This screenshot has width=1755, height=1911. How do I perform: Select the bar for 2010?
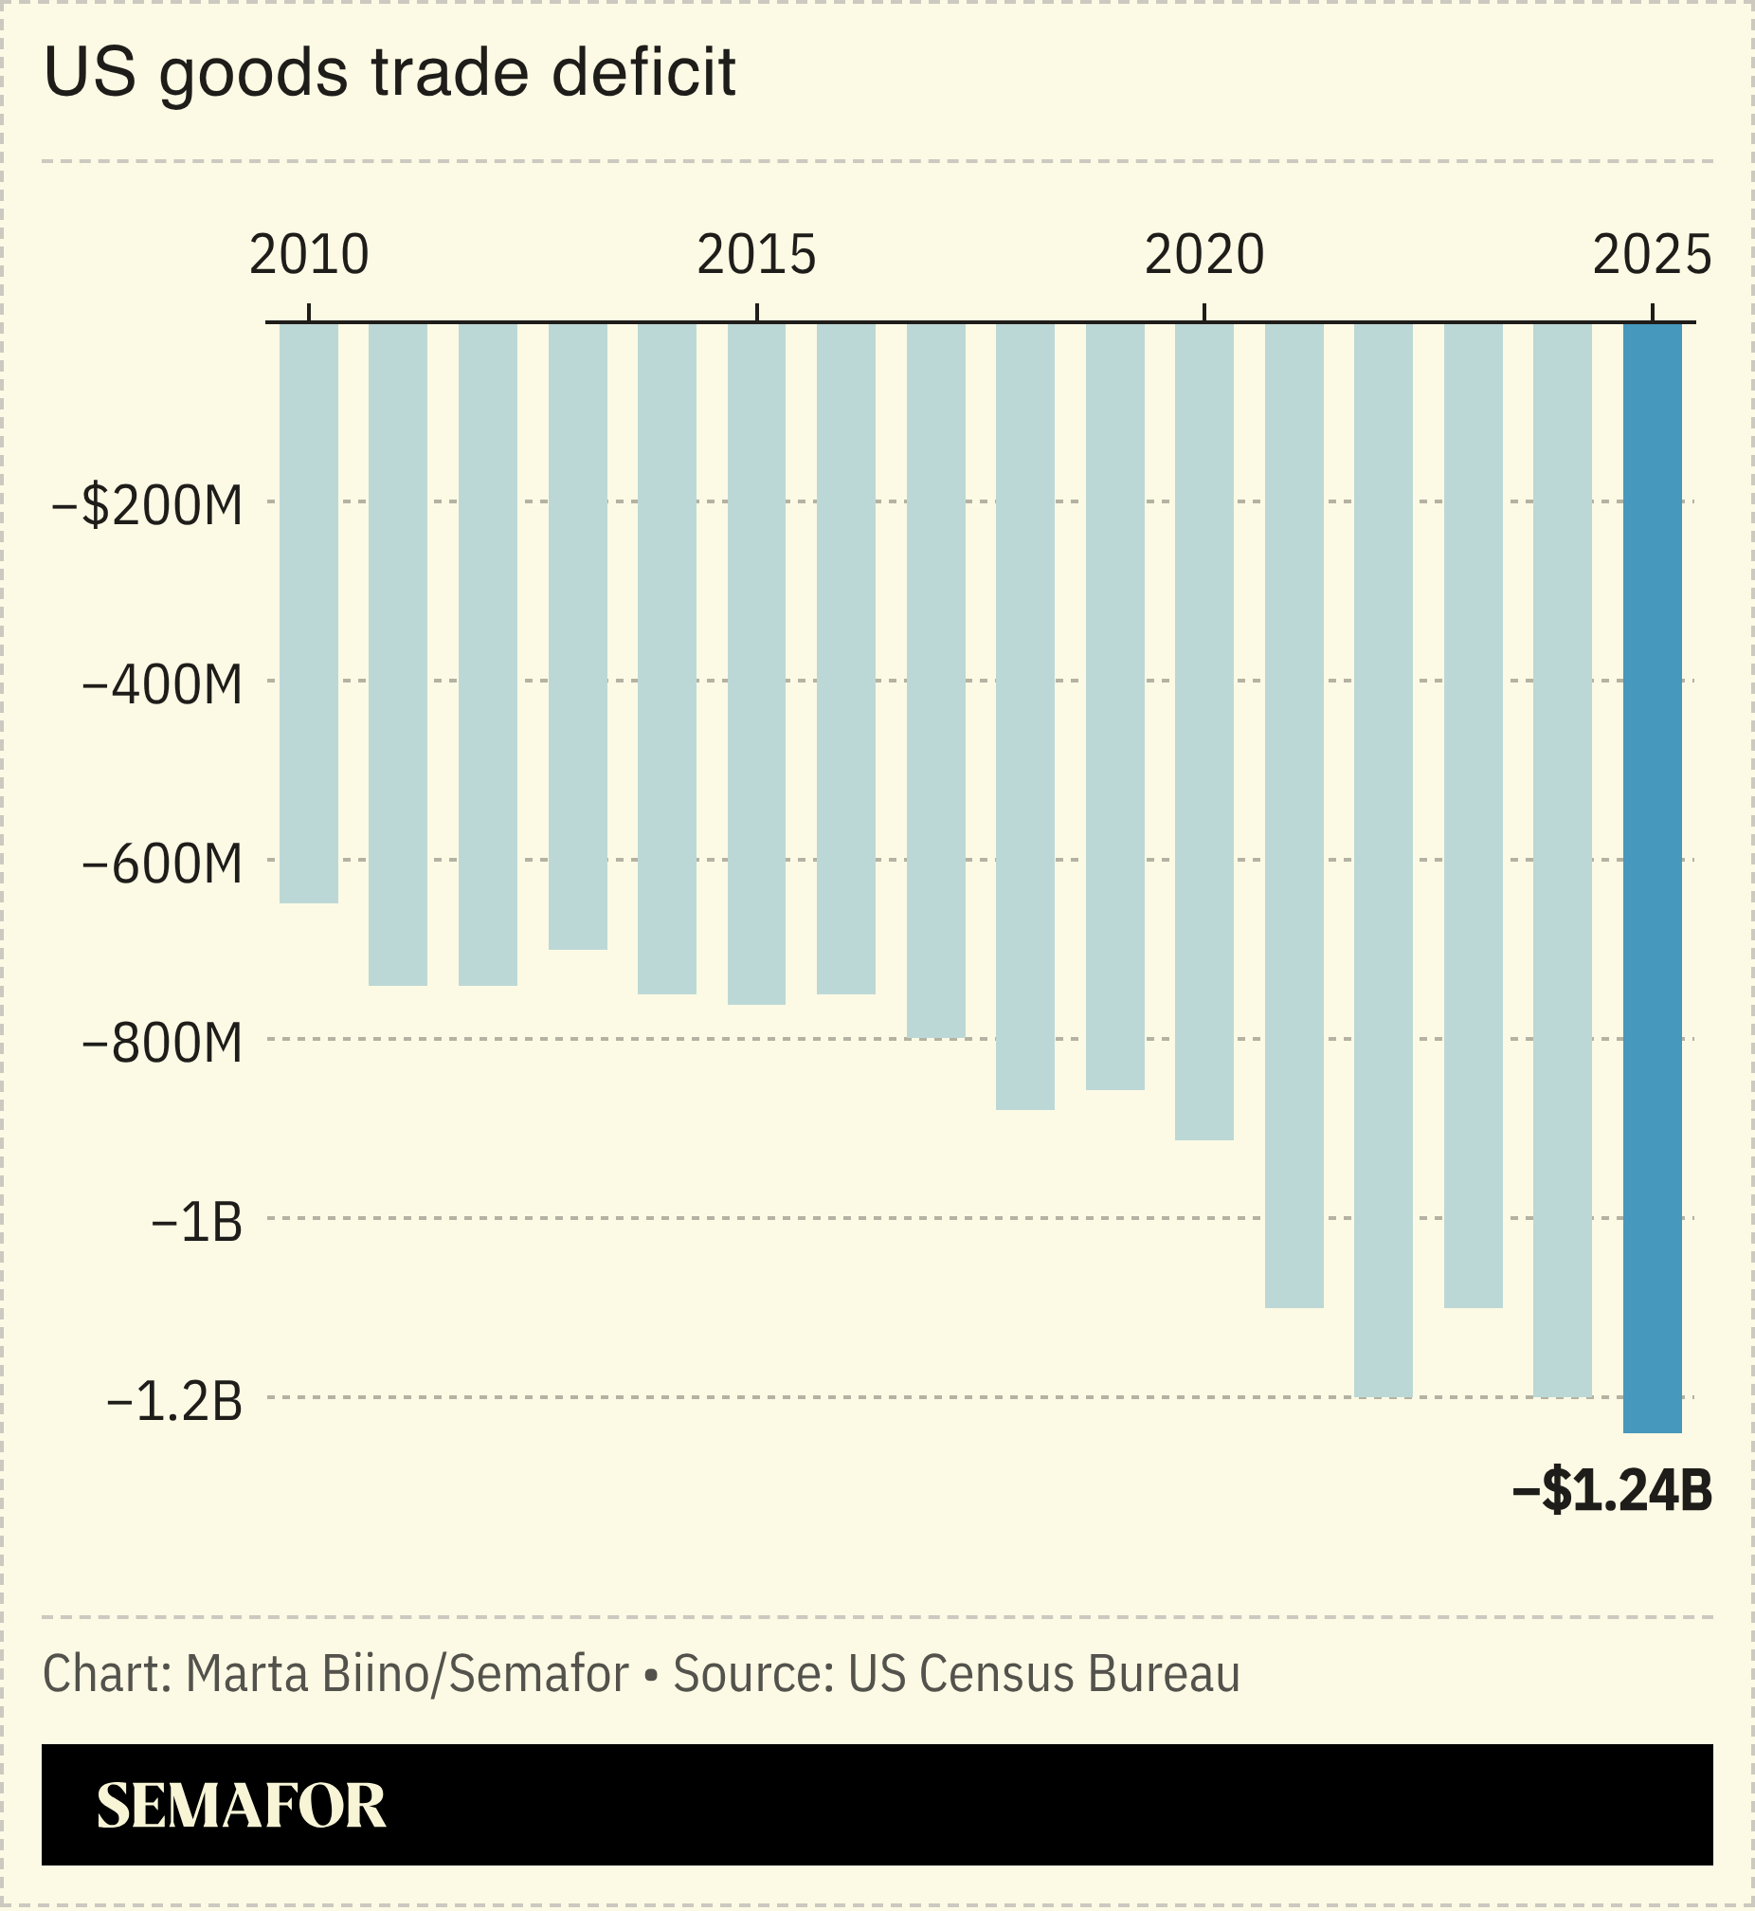[309, 612]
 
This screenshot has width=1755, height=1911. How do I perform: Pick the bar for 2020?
[1203, 732]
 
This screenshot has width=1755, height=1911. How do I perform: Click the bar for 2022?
[1383, 860]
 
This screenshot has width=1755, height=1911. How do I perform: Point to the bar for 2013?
[577, 635]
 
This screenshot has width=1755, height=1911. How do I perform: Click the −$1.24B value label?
[1612, 1490]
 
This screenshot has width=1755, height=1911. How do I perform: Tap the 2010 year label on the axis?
[309, 255]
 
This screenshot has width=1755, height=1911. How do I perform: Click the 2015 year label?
[756, 255]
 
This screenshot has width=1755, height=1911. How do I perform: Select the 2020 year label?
[1203, 255]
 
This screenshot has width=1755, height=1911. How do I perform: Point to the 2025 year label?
[1652, 255]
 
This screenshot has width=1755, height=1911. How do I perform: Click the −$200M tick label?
[147, 505]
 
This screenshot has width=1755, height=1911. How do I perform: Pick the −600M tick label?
[162, 864]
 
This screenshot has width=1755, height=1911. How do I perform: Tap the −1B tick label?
[196, 1223]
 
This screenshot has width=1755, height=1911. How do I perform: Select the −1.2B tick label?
[174, 1402]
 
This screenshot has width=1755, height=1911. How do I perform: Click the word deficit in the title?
[643, 72]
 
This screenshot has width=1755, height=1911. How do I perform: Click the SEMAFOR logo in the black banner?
[242, 1806]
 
